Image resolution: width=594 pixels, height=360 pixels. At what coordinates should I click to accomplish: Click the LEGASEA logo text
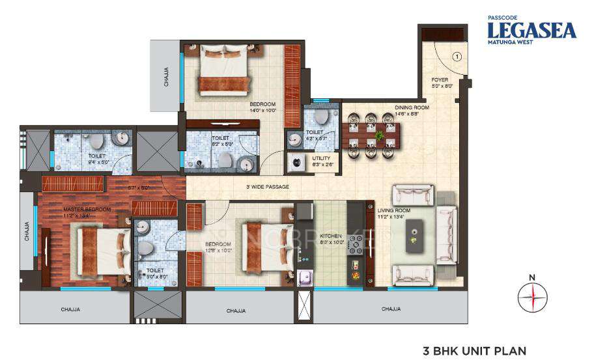point(532,30)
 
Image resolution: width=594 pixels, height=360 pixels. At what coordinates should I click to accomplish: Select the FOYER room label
point(440,79)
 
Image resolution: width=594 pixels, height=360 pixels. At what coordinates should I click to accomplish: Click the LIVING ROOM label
point(393,210)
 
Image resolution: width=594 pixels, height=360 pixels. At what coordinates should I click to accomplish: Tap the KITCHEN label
point(331,236)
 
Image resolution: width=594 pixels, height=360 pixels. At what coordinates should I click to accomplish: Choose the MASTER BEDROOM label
point(87,210)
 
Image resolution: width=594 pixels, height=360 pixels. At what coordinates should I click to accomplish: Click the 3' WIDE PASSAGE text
point(267,187)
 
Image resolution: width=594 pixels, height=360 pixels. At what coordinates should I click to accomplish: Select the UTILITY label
point(322,158)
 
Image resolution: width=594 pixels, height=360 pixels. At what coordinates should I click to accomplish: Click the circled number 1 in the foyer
point(457,57)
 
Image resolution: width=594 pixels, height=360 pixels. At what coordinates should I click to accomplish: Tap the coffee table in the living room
point(415,236)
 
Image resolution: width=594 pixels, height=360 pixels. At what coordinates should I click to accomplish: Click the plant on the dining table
point(378,136)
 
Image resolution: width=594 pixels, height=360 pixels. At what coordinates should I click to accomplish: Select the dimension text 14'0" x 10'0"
point(262,111)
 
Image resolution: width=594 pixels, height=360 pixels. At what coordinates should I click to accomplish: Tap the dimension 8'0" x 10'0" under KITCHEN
point(331,242)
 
